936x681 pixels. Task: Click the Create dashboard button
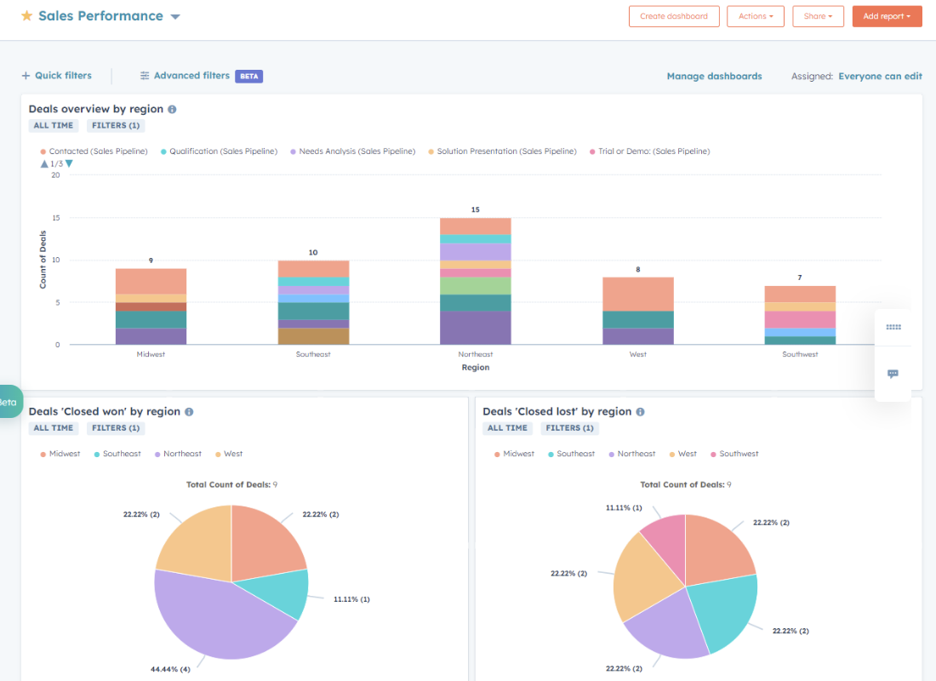[x=674, y=16]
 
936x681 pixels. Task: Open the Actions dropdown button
[x=756, y=16]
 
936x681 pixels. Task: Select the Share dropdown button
[x=818, y=16]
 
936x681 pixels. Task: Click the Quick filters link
[x=57, y=76]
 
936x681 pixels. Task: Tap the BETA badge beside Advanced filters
[x=248, y=76]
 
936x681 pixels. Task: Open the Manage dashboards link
[x=714, y=76]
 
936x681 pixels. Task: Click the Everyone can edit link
[x=880, y=76]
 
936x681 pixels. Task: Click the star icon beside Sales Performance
[x=26, y=16]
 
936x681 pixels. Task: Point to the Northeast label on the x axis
[x=475, y=354]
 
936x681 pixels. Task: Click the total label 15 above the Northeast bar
[x=475, y=209]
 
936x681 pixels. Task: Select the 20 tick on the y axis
[x=55, y=175]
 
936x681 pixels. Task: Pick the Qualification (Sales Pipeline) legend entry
[x=218, y=152]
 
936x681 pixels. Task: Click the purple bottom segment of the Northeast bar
[x=475, y=328]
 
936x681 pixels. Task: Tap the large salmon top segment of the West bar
[x=638, y=294]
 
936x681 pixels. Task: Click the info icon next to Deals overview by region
[x=172, y=110]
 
